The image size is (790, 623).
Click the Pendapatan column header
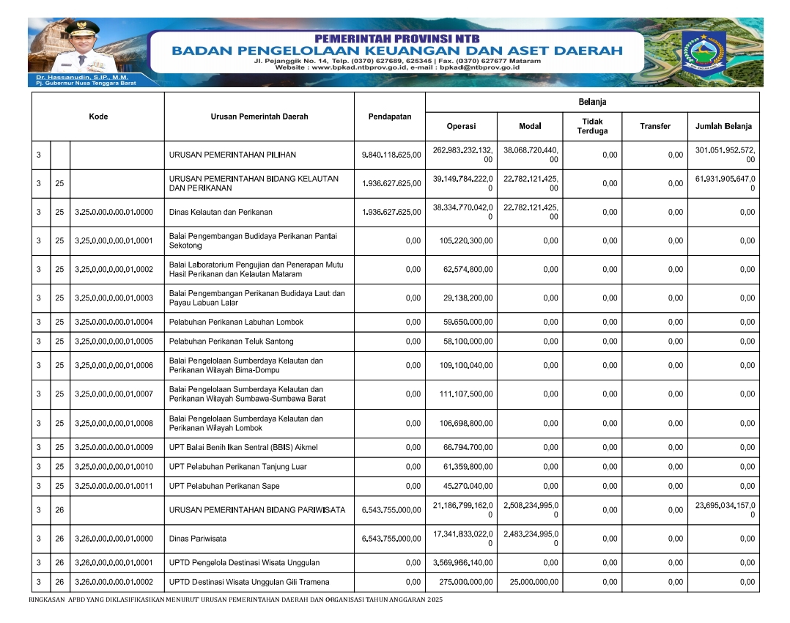[x=389, y=117]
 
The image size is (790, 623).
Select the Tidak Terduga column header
[x=592, y=126]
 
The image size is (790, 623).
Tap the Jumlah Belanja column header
[x=723, y=126]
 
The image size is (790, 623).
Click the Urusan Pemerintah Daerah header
[x=259, y=117]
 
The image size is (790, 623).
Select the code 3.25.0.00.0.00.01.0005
[x=114, y=342]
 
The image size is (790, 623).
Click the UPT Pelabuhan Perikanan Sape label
[x=224, y=487]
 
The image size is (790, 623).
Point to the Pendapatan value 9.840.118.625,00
[x=392, y=155]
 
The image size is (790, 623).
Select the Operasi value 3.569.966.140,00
[x=462, y=564]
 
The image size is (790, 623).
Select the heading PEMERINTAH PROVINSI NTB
[x=396, y=37]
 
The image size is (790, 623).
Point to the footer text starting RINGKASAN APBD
[x=235, y=600]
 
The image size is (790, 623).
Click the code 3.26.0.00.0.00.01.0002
[x=114, y=583]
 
